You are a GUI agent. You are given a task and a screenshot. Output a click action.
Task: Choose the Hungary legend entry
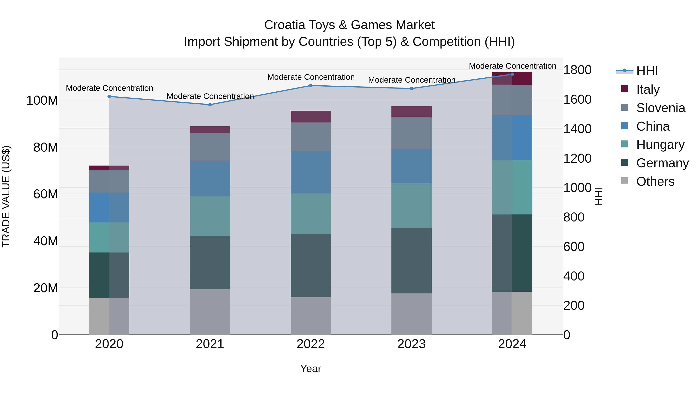[x=660, y=145]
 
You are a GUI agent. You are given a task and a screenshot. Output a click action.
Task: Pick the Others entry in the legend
[x=655, y=181]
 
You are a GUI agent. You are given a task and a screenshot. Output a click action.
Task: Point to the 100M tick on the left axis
[x=42, y=101]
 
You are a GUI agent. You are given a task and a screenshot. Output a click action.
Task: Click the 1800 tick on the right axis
[x=577, y=70]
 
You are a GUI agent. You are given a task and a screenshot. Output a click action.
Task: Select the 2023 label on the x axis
[x=411, y=344]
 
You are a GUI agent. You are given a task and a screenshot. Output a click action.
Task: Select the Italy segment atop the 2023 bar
[x=411, y=111]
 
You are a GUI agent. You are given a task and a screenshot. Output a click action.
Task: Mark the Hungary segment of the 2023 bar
[x=411, y=206]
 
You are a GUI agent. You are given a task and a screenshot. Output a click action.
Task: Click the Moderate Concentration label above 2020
[x=109, y=88]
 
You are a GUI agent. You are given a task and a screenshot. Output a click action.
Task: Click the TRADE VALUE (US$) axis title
[x=6, y=196]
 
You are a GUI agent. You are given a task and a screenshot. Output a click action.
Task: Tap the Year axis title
[x=310, y=369]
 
